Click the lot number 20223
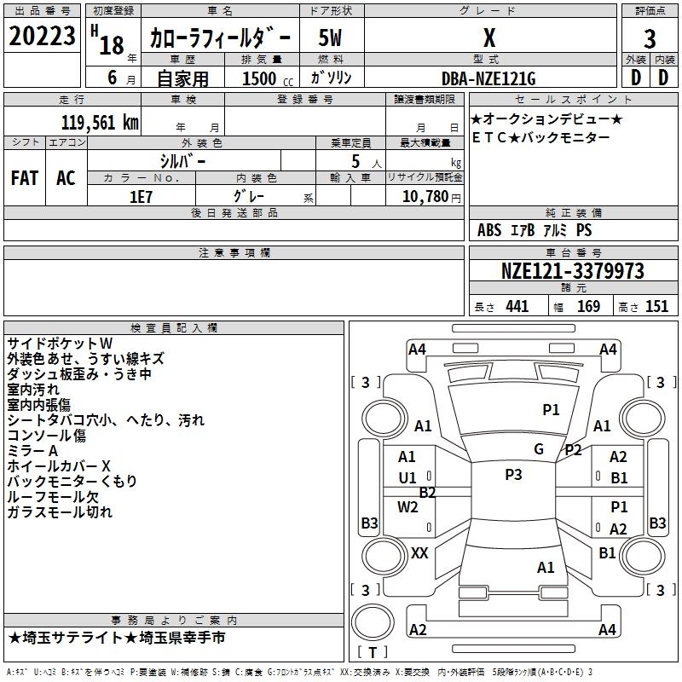click(42, 36)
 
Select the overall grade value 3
click(650, 39)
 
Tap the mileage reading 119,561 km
click(100, 123)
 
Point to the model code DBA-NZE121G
click(488, 78)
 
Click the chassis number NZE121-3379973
click(572, 271)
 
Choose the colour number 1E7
click(141, 197)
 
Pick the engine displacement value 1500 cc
click(268, 78)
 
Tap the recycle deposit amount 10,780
click(425, 196)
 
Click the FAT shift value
click(25, 178)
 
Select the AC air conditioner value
click(66, 178)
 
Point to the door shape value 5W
click(330, 38)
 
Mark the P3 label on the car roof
click(513, 475)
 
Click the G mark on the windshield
click(539, 449)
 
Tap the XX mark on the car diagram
click(419, 553)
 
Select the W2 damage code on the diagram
click(407, 507)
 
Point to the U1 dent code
click(407, 478)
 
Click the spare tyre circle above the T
click(373, 622)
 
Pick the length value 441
click(517, 306)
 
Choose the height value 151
click(656, 306)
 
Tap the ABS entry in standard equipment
click(489, 229)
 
